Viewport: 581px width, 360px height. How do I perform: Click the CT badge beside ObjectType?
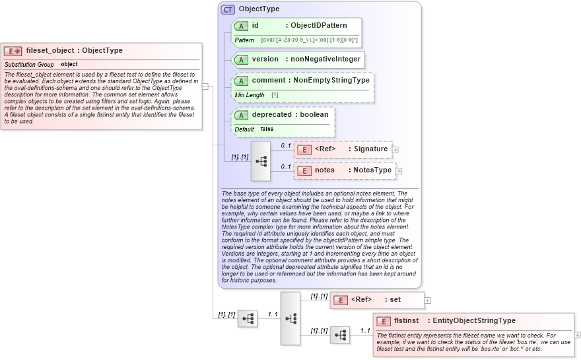228,10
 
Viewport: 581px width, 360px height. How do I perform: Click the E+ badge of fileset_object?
13,51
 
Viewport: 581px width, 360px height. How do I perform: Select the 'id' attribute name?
255,26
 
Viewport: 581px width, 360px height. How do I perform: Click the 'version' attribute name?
265,59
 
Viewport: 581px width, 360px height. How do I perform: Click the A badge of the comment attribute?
241,81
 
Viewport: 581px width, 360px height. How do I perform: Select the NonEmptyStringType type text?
331,81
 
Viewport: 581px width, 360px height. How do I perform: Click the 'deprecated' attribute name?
271,115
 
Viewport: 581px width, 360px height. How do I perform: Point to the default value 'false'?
267,129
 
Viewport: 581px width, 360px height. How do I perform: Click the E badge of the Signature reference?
304,149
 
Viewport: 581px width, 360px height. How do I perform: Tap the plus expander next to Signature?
395,150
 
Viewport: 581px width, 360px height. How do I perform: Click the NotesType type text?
372,170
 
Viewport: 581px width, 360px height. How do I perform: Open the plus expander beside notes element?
399,171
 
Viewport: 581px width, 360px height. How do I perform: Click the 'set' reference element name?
395,300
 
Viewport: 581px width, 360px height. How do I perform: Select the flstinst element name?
407,321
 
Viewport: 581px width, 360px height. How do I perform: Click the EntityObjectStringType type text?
474,321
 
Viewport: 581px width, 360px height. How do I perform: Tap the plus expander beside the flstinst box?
578,335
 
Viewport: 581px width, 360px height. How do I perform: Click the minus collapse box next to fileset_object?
205,87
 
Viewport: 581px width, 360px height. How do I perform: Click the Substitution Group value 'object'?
69,65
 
